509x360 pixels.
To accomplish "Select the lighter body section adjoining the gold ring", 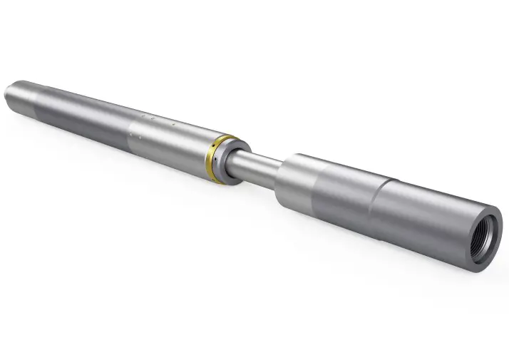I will pos(171,140).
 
